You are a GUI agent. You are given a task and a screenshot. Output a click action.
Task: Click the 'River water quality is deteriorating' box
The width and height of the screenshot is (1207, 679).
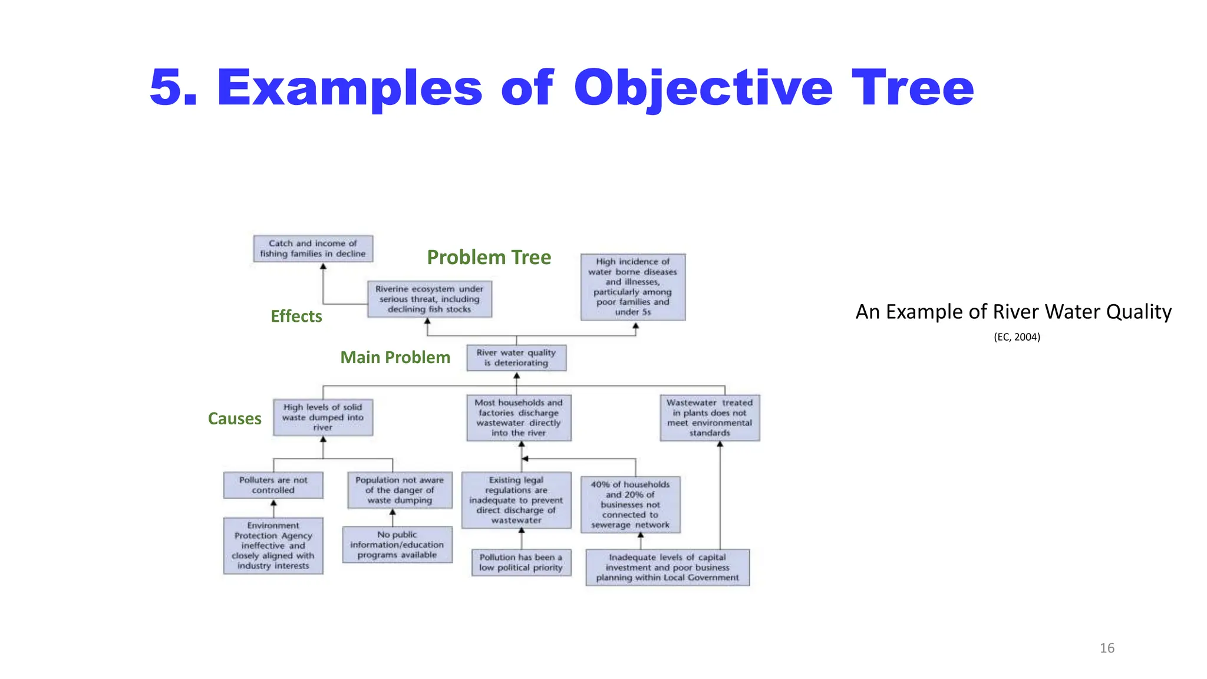(x=516, y=358)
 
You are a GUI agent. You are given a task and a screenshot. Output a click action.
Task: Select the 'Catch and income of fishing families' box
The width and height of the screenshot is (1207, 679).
(x=313, y=249)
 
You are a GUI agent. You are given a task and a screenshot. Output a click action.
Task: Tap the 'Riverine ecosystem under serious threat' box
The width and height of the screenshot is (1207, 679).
(x=429, y=299)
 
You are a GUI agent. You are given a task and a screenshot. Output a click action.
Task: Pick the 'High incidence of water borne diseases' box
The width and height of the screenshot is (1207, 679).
(x=632, y=287)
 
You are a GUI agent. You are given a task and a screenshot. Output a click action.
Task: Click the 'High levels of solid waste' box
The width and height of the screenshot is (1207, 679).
(x=323, y=417)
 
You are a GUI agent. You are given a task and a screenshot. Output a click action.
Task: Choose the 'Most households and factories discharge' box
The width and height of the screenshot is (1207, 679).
(x=519, y=418)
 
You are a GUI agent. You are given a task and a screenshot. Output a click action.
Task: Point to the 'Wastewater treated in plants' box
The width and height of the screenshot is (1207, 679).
(x=710, y=418)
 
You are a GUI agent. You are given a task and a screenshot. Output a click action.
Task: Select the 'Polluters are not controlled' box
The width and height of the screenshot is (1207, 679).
(x=273, y=485)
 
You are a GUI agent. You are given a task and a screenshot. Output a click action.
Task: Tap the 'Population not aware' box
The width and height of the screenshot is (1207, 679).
(x=400, y=490)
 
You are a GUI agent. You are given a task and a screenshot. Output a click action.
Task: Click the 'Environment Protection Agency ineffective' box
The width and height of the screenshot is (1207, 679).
(x=273, y=546)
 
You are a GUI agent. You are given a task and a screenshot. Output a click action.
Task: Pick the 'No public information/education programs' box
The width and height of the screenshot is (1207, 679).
(x=397, y=545)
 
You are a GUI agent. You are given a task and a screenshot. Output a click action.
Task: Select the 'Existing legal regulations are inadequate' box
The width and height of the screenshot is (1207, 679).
(x=516, y=500)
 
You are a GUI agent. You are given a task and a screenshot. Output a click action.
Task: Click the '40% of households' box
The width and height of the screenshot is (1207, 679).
(x=630, y=505)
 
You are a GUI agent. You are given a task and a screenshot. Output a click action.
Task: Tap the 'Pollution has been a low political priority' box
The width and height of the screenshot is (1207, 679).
(x=521, y=562)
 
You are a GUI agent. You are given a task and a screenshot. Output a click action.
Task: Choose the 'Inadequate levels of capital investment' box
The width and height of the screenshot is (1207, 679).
(x=667, y=567)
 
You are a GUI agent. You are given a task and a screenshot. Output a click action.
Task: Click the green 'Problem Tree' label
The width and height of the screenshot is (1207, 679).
(x=489, y=257)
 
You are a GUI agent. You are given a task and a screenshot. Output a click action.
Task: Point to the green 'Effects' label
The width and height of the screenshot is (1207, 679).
(x=296, y=317)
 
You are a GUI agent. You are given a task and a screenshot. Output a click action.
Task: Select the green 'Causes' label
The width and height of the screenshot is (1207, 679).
(x=235, y=418)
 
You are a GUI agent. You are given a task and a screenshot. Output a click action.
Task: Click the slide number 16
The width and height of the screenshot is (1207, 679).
(x=1107, y=648)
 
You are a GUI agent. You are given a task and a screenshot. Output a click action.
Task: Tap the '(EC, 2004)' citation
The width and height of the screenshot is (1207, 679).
(x=1017, y=337)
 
